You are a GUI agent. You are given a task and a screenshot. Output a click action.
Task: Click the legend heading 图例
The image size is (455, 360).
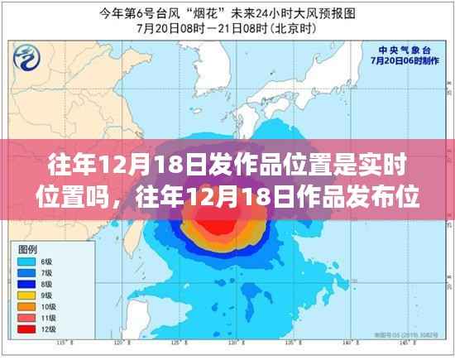[26, 247]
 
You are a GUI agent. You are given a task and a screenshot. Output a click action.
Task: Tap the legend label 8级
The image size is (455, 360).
[49, 282]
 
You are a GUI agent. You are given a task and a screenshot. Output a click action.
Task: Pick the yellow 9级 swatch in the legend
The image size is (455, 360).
[22, 294]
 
